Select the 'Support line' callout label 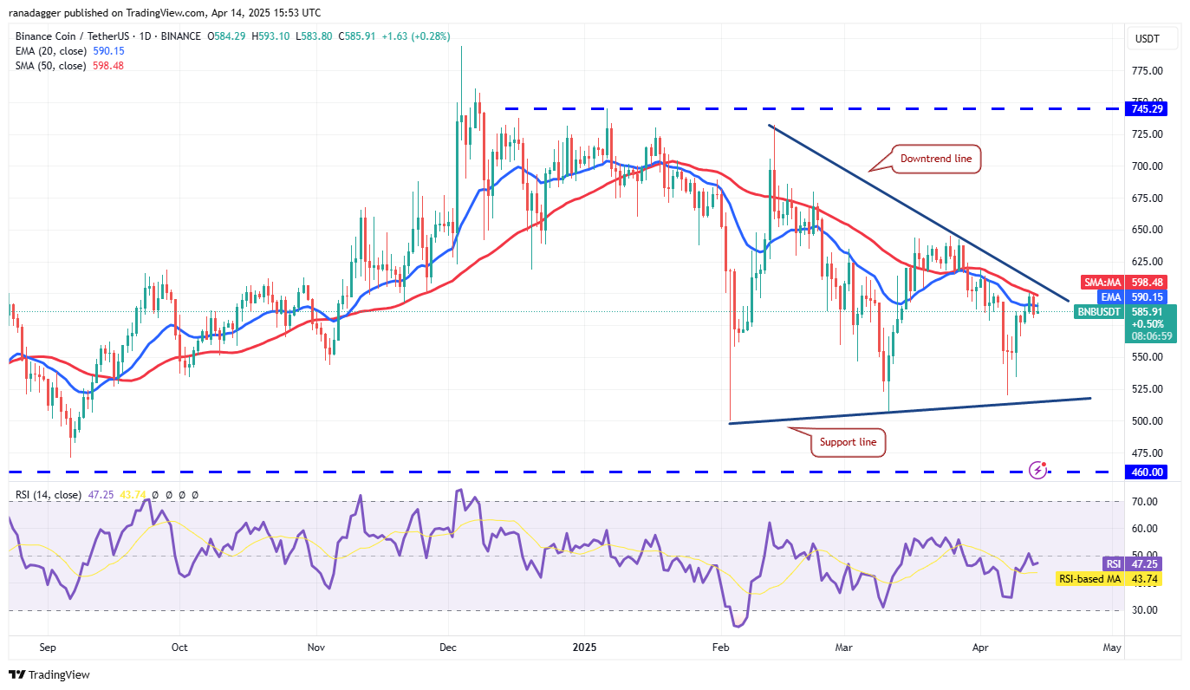[x=848, y=442]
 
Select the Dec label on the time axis [x=449, y=647]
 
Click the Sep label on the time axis [x=48, y=647]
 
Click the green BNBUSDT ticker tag [x=1098, y=311]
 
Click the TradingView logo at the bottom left [x=49, y=674]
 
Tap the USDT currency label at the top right [x=1146, y=38]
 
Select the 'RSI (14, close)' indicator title [x=49, y=495]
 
